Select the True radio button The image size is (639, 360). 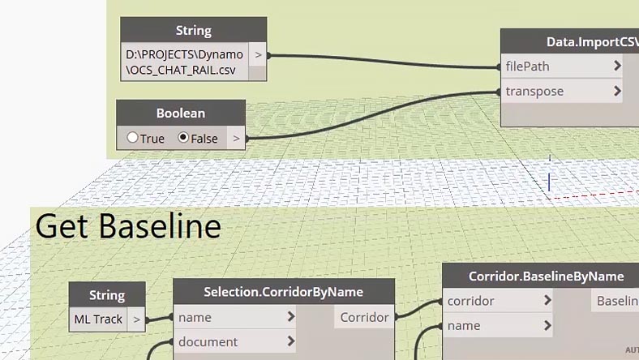[132, 138]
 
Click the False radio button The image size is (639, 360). [183, 138]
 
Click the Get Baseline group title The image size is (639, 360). [128, 226]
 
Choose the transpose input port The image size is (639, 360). [534, 91]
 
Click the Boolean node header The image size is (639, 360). [181, 114]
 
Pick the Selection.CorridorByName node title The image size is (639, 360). [284, 291]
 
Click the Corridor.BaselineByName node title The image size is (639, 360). [546, 276]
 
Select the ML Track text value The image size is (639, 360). [98, 319]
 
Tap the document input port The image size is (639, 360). [208, 342]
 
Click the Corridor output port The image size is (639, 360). [364, 317]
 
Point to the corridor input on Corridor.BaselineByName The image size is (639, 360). [471, 301]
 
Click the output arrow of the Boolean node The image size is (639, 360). [236, 139]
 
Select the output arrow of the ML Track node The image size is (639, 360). [136, 319]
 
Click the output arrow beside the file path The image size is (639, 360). [258, 55]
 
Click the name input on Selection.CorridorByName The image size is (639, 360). [195, 317]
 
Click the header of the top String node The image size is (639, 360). [194, 31]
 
